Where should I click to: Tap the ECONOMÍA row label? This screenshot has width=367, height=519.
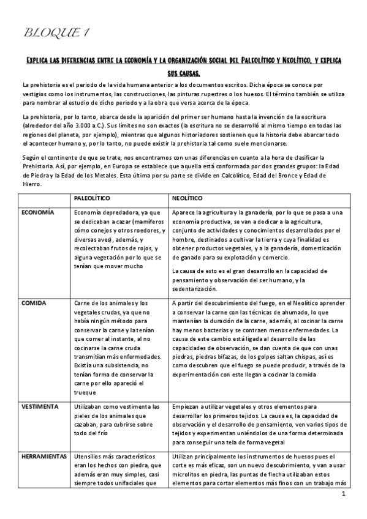[38, 212]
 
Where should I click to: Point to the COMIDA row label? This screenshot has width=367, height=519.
[34, 303]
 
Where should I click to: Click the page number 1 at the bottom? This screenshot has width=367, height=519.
[344, 493]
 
